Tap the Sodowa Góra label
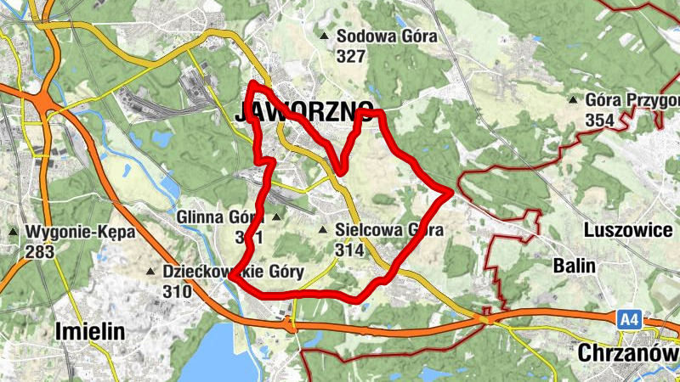tap(387, 37)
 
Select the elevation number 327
tap(350, 57)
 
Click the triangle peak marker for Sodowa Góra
tap(324, 36)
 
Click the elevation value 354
tap(599, 121)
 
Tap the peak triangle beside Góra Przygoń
tap(573, 100)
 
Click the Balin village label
tap(574, 266)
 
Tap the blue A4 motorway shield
tap(628, 319)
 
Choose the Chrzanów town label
tap(628, 352)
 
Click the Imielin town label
tap(90, 331)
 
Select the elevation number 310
tap(178, 292)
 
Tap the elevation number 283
tap(40, 252)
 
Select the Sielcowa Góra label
tap(389, 230)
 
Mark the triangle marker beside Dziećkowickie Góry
tap(151, 272)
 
